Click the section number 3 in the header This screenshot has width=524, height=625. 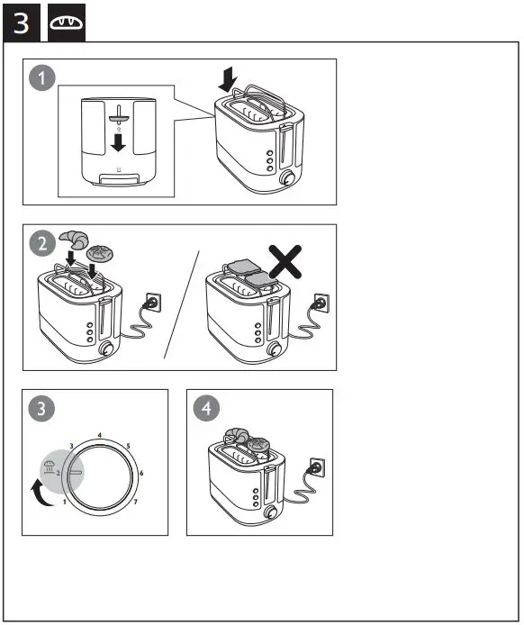(x=20, y=23)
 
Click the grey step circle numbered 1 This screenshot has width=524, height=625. (x=41, y=78)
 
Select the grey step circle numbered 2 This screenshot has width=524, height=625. (x=41, y=244)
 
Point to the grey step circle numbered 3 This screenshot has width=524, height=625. (x=41, y=409)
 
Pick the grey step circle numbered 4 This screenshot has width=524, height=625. (x=207, y=409)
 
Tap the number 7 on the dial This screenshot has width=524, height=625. (x=135, y=501)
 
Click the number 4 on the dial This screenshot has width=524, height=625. (x=99, y=436)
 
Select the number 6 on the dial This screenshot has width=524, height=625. (x=141, y=473)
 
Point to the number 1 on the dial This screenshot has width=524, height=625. (x=64, y=501)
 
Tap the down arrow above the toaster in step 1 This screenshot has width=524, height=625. (x=229, y=82)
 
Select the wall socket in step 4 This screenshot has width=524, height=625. (x=315, y=467)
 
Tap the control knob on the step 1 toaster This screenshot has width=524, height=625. (x=289, y=179)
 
